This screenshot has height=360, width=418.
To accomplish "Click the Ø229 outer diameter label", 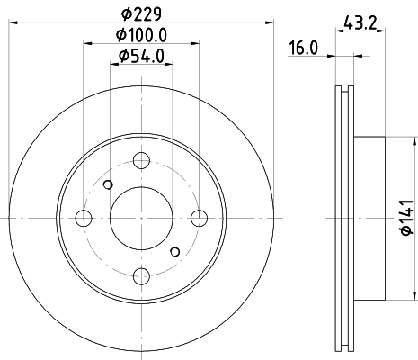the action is click(x=141, y=13).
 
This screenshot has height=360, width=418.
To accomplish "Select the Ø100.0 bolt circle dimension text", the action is click(x=141, y=35).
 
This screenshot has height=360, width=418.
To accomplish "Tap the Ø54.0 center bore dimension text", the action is click(x=141, y=56).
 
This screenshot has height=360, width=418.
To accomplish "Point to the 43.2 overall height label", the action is click(x=360, y=22).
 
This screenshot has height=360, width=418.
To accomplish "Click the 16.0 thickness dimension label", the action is click(x=303, y=48).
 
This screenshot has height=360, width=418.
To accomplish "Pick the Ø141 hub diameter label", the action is click(x=407, y=218).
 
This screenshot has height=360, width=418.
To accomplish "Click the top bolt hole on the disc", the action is click(x=141, y=160).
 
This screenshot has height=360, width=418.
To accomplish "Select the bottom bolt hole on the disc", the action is click(x=141, y=276).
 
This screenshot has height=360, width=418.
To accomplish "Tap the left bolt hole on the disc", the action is click(x=84, y=218).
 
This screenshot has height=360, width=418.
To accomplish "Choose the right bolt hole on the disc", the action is click(x=199, y=218).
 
